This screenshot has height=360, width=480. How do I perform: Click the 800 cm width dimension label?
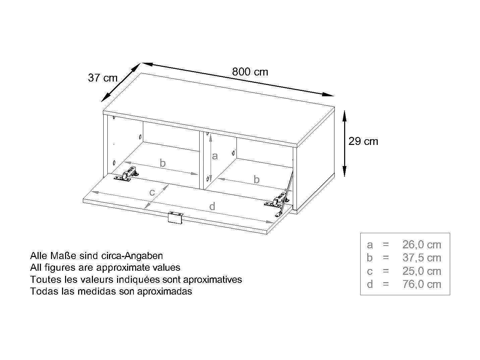point(250,72)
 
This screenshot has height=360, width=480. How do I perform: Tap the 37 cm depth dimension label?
point(103,78)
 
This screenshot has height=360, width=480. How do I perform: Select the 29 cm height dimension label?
point(363,141)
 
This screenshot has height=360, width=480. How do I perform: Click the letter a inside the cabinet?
point(215,156)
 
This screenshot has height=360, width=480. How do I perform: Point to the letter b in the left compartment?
point(163,163)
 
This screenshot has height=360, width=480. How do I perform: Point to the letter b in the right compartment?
point(256,179)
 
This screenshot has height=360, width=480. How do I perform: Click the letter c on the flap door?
point(152,192)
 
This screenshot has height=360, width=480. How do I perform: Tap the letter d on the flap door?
point(212,207)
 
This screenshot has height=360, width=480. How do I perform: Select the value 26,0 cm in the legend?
point(422,245)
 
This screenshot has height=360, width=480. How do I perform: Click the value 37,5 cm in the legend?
point(422,258)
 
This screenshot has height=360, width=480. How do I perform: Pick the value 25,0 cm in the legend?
point(422,271)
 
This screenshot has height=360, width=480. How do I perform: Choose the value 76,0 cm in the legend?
point(422,284)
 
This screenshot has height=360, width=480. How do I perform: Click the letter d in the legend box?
point(370,284)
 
